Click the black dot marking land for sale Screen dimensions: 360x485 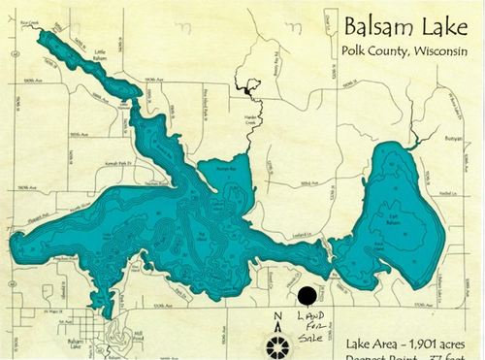coord(306,296)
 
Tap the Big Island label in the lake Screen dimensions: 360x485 coord(198,233)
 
